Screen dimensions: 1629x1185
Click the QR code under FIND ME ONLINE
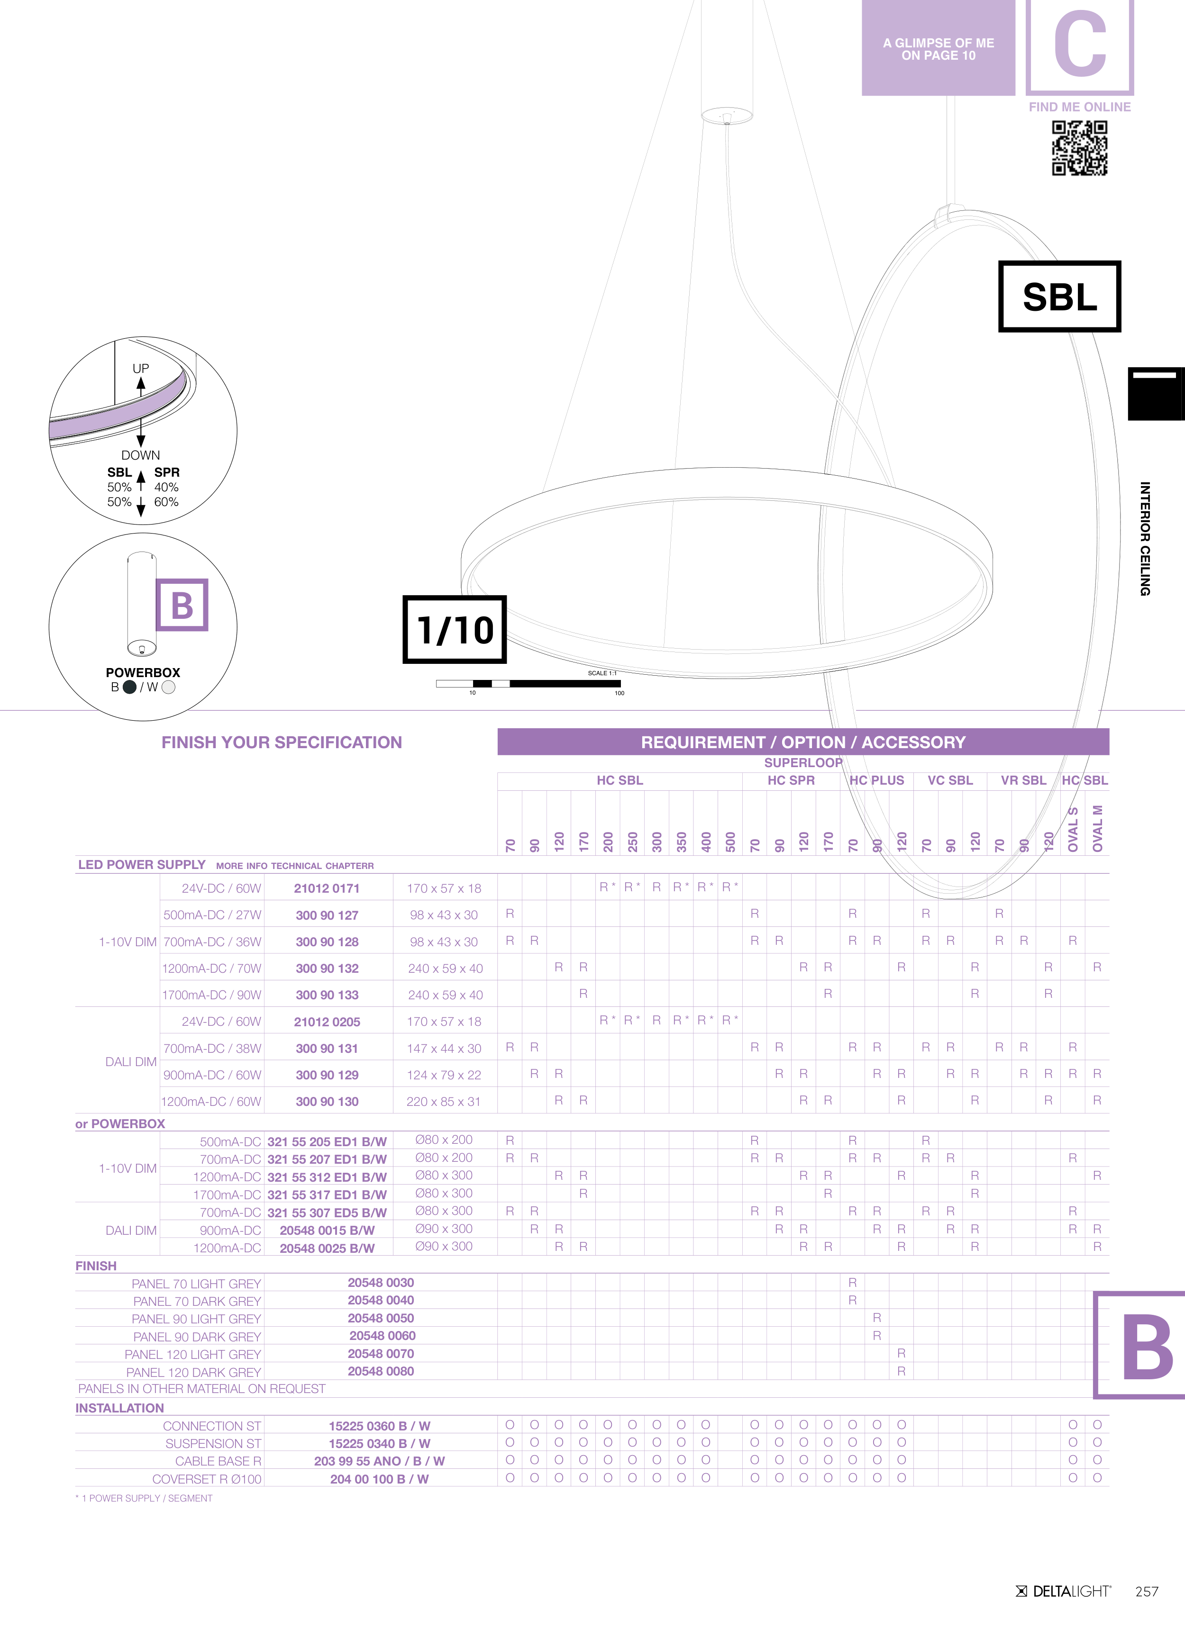click(1079, 147)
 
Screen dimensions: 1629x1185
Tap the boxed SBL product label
click(1059, 297)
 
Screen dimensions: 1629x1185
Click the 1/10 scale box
click(455, 629)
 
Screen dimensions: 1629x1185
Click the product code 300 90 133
click(327, 995)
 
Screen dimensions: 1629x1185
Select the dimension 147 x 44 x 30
click(444, 1049)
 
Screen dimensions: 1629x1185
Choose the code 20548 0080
click(381, 1371)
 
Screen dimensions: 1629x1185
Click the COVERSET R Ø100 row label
click(207, 1479)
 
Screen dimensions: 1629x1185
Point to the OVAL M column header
click(1097, 828)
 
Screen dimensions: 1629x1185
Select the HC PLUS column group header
click(877, 780)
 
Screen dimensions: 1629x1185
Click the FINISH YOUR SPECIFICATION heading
click(282, 742)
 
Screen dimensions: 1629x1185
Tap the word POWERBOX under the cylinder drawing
click(143, 672)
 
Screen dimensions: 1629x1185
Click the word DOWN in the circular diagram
click(141, 455)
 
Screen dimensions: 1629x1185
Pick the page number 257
click(1147, 1592)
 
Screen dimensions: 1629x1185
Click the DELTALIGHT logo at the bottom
click(1064, 1592)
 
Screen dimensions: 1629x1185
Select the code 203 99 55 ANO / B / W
click(379, 1461)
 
